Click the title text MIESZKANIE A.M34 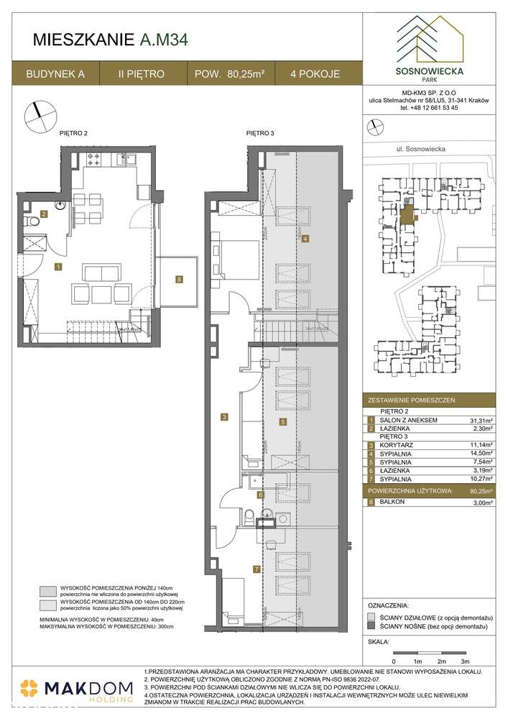[x=111, y=40]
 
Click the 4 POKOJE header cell [x=315, y=73]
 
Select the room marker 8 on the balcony [x=179, y=279]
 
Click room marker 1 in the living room [x=58, y=267]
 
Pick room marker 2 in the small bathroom [x=45, y=214]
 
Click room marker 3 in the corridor [x=224, y=416]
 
